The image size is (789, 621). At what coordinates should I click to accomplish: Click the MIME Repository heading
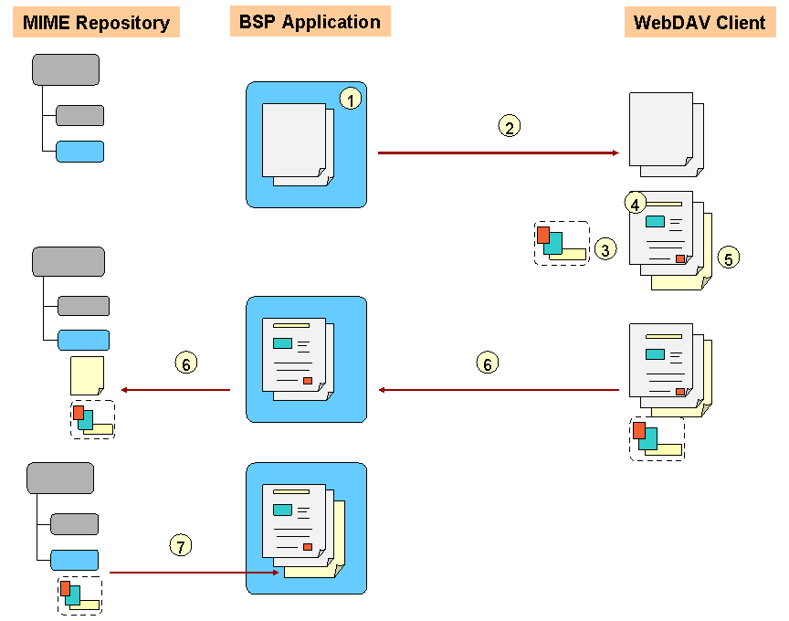tap(97, 22)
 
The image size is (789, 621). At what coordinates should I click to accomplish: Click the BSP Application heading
tap(310, 21)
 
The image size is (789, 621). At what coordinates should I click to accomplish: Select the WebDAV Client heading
tap(700, 22)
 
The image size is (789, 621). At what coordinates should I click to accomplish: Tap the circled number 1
tap(351, 99)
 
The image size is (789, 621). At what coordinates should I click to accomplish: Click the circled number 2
tap(510, 126)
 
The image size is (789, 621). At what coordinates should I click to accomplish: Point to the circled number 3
tap(605, 247)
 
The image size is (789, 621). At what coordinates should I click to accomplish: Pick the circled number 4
tap(636, 201)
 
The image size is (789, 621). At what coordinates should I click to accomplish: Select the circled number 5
tap(728, 258)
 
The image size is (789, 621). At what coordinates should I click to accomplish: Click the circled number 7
tap(181, 546)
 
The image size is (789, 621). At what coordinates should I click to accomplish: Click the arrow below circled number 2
tap(498, 153)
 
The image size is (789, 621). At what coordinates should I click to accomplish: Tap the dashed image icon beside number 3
tap(562, 243)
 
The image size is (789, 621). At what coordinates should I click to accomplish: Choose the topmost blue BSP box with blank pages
tap(306, 144)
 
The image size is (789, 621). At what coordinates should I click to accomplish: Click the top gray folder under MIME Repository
tap(66, 69)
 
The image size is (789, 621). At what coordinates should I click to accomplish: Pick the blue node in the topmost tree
tap(79, 152)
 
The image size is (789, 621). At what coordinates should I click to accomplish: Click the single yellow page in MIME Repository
tap(87, 375)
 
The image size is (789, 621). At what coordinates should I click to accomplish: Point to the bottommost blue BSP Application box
tap(306, 528)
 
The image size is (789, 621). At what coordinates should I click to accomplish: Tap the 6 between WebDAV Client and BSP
tap(488, 363)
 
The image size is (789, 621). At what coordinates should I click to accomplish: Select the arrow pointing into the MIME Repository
tap(175, 390)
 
